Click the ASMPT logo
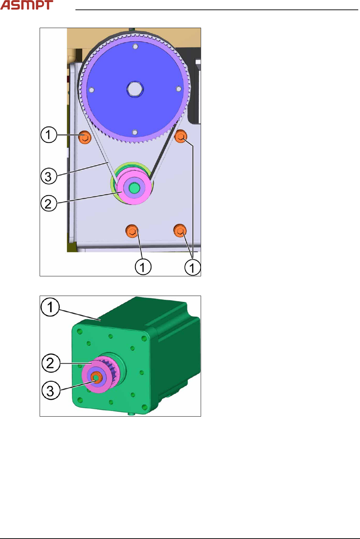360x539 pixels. click(27, 5)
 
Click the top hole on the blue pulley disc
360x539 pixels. click(135, 46)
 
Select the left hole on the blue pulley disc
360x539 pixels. click(92, 90)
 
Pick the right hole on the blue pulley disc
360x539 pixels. click(179, 89)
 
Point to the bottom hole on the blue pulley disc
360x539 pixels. click(135, 132)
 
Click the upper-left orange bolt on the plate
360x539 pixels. click(85, 137)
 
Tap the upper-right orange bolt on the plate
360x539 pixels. click(181, 136)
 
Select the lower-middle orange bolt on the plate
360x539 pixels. click(132, 231)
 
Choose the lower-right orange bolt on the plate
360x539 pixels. click(180, 230)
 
